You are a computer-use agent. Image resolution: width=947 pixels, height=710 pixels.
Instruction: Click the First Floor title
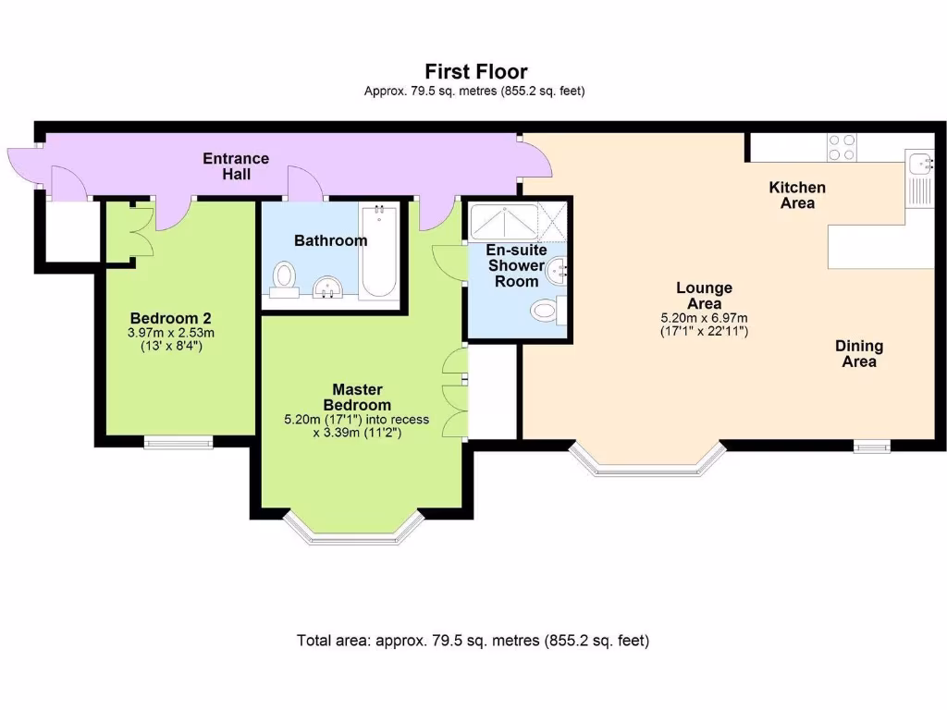click(475, 71)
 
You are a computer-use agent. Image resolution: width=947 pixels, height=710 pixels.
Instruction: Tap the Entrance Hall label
click(236, 165)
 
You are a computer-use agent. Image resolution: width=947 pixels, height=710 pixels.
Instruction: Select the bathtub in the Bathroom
click(378, 251)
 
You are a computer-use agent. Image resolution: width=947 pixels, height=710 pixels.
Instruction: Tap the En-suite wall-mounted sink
click(558, 270)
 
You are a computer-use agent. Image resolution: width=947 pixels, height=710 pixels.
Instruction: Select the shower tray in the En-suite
click(504, 221)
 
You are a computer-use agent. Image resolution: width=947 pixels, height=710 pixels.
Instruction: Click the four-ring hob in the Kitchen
click(842, 148)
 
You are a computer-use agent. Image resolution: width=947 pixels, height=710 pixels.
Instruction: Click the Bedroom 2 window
click(178, 442)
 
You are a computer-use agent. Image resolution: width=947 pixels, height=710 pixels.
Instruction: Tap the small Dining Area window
click(871, 447)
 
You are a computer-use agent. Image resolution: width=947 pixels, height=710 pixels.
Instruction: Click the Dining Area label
click(859, 354)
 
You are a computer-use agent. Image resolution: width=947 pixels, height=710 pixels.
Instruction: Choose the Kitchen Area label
click(797, 195)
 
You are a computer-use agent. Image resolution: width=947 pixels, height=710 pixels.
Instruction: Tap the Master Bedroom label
click(356, 398)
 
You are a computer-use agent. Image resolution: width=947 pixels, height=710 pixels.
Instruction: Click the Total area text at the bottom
click(473, 640)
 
